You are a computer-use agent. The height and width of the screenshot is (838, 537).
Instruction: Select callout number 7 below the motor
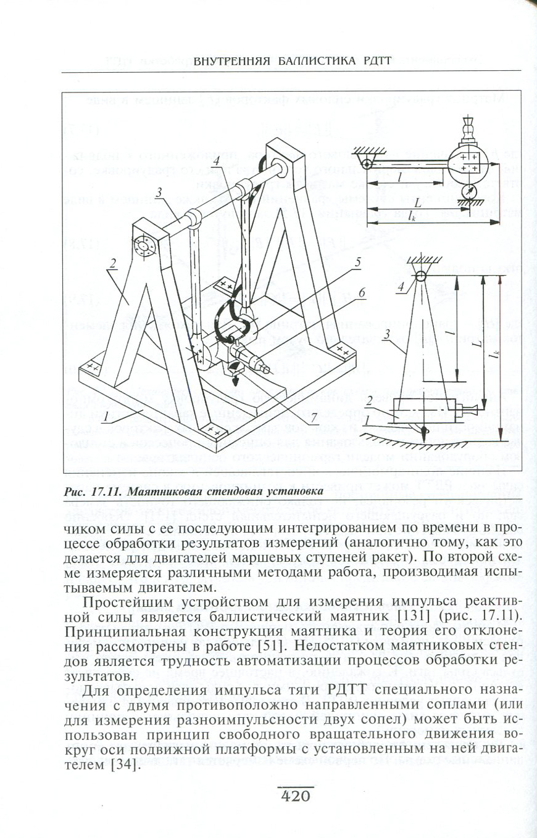coord(314,417)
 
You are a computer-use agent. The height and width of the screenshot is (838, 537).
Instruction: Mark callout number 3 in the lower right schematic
coord(386,335)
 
